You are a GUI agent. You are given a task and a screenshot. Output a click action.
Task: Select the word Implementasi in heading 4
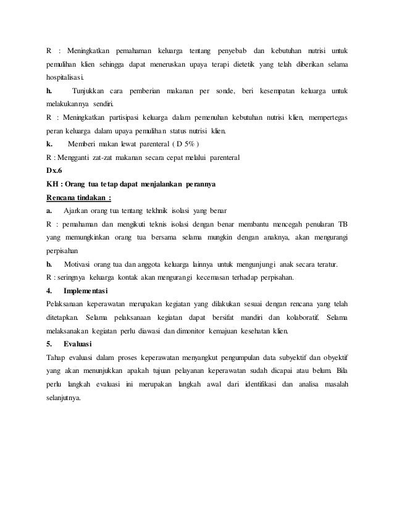pos(85,291)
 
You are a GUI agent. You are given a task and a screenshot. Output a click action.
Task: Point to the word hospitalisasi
pos(67,78)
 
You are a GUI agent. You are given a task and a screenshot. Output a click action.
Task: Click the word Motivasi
pos(81,264)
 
